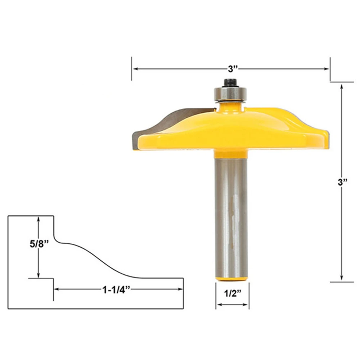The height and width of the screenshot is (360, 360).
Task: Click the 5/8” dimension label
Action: click(39, 244)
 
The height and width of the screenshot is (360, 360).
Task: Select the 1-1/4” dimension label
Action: click(116, 290)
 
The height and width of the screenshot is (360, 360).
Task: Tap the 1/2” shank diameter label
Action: click(233, 293)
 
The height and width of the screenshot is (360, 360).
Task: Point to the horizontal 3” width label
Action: click(233, 69)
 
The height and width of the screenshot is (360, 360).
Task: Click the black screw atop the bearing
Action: click(230, 83)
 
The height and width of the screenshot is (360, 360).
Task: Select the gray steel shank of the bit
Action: click(231, 218)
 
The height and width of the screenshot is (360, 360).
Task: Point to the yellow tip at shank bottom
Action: click(231, 279)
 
